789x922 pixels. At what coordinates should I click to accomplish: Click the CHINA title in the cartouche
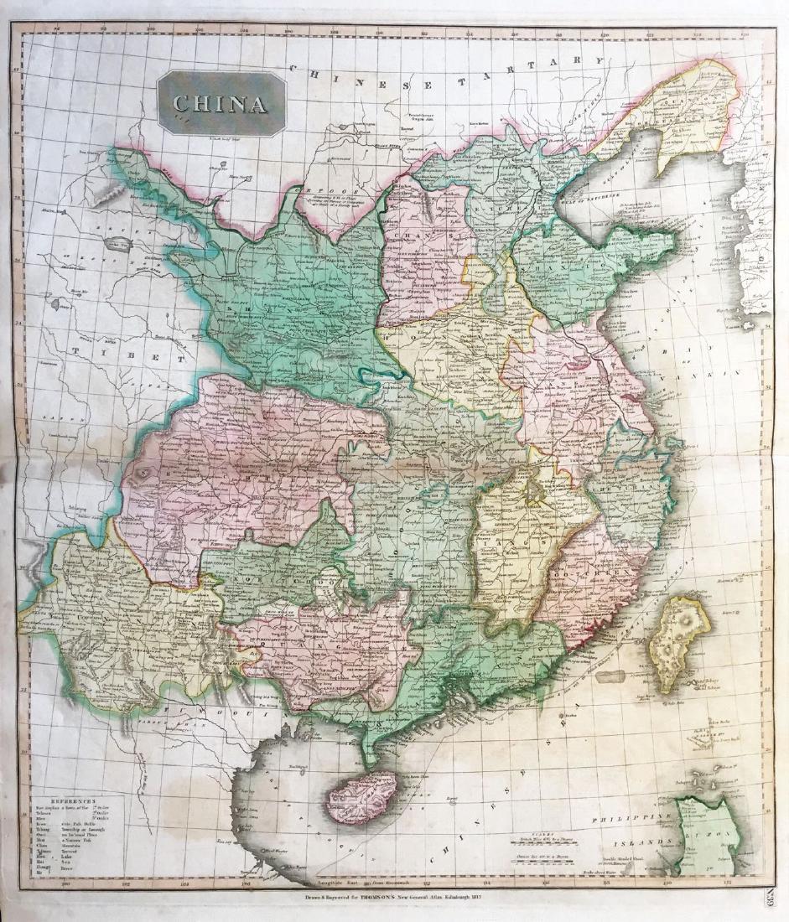coord(221,103)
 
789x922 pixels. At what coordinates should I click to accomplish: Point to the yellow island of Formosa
coord(677,638)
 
